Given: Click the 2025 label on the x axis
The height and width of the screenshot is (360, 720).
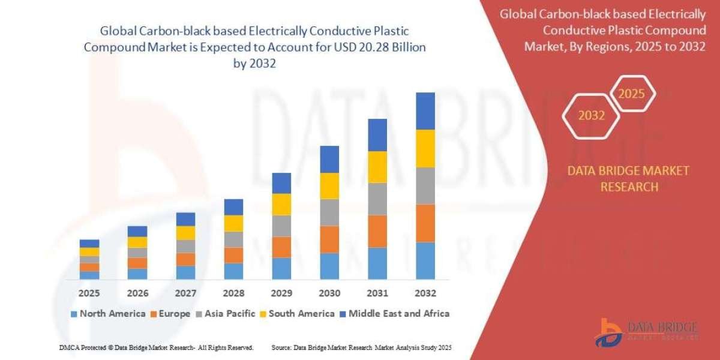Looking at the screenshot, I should [89, 293].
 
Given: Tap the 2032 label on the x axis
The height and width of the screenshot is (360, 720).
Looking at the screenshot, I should [425, 293].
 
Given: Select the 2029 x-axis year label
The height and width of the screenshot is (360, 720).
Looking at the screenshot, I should [281, 293].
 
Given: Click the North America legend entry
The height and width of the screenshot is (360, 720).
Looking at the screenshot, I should [108, 313].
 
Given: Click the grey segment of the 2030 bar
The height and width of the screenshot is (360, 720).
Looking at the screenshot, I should [329, 212].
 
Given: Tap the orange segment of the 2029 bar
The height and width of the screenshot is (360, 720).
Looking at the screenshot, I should [281, 247].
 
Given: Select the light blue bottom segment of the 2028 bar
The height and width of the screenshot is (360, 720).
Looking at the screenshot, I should [233, 271].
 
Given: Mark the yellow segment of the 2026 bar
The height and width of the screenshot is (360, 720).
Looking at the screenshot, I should [137, 242].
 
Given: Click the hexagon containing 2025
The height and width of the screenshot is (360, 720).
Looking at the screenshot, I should [631, 94].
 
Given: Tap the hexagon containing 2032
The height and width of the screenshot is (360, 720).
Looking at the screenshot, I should [592, 116].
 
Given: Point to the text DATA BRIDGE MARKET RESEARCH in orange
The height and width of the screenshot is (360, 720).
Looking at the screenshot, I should [628, 179].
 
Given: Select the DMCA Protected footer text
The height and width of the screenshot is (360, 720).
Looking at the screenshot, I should [156, 347].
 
